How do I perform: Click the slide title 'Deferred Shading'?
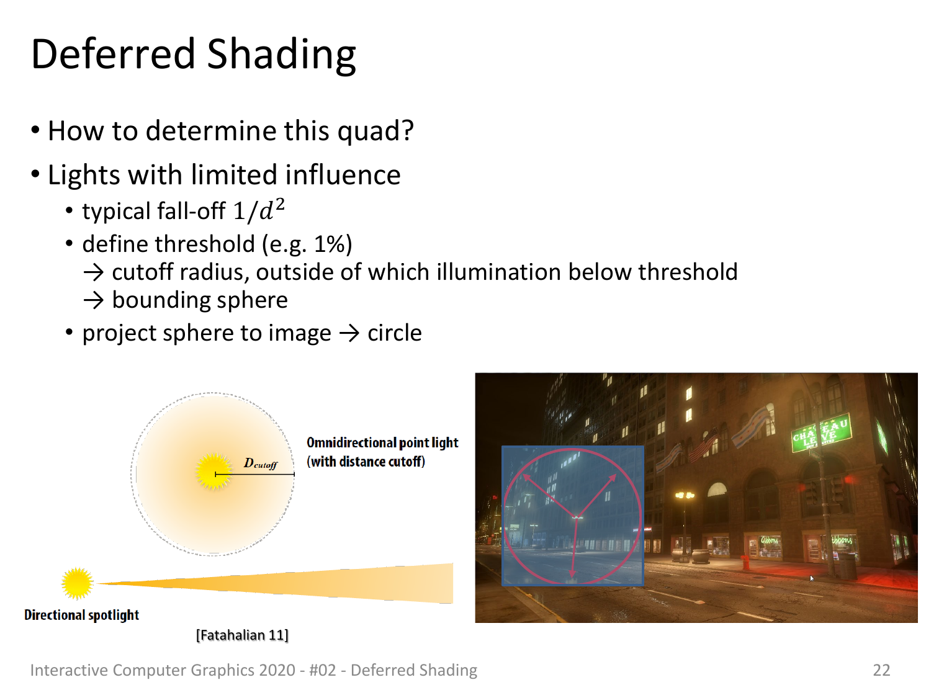193,55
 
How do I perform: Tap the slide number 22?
881,669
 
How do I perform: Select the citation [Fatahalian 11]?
242,635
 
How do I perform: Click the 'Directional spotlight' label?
81,615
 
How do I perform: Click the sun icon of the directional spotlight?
77,583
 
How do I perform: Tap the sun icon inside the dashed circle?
214,472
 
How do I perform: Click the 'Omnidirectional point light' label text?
382,442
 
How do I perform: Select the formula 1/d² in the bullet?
258,210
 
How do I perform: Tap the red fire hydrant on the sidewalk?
745,562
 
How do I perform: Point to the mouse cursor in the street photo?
812,578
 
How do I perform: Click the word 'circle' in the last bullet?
395,333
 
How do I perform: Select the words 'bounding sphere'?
200,300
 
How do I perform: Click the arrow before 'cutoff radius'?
93,272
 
